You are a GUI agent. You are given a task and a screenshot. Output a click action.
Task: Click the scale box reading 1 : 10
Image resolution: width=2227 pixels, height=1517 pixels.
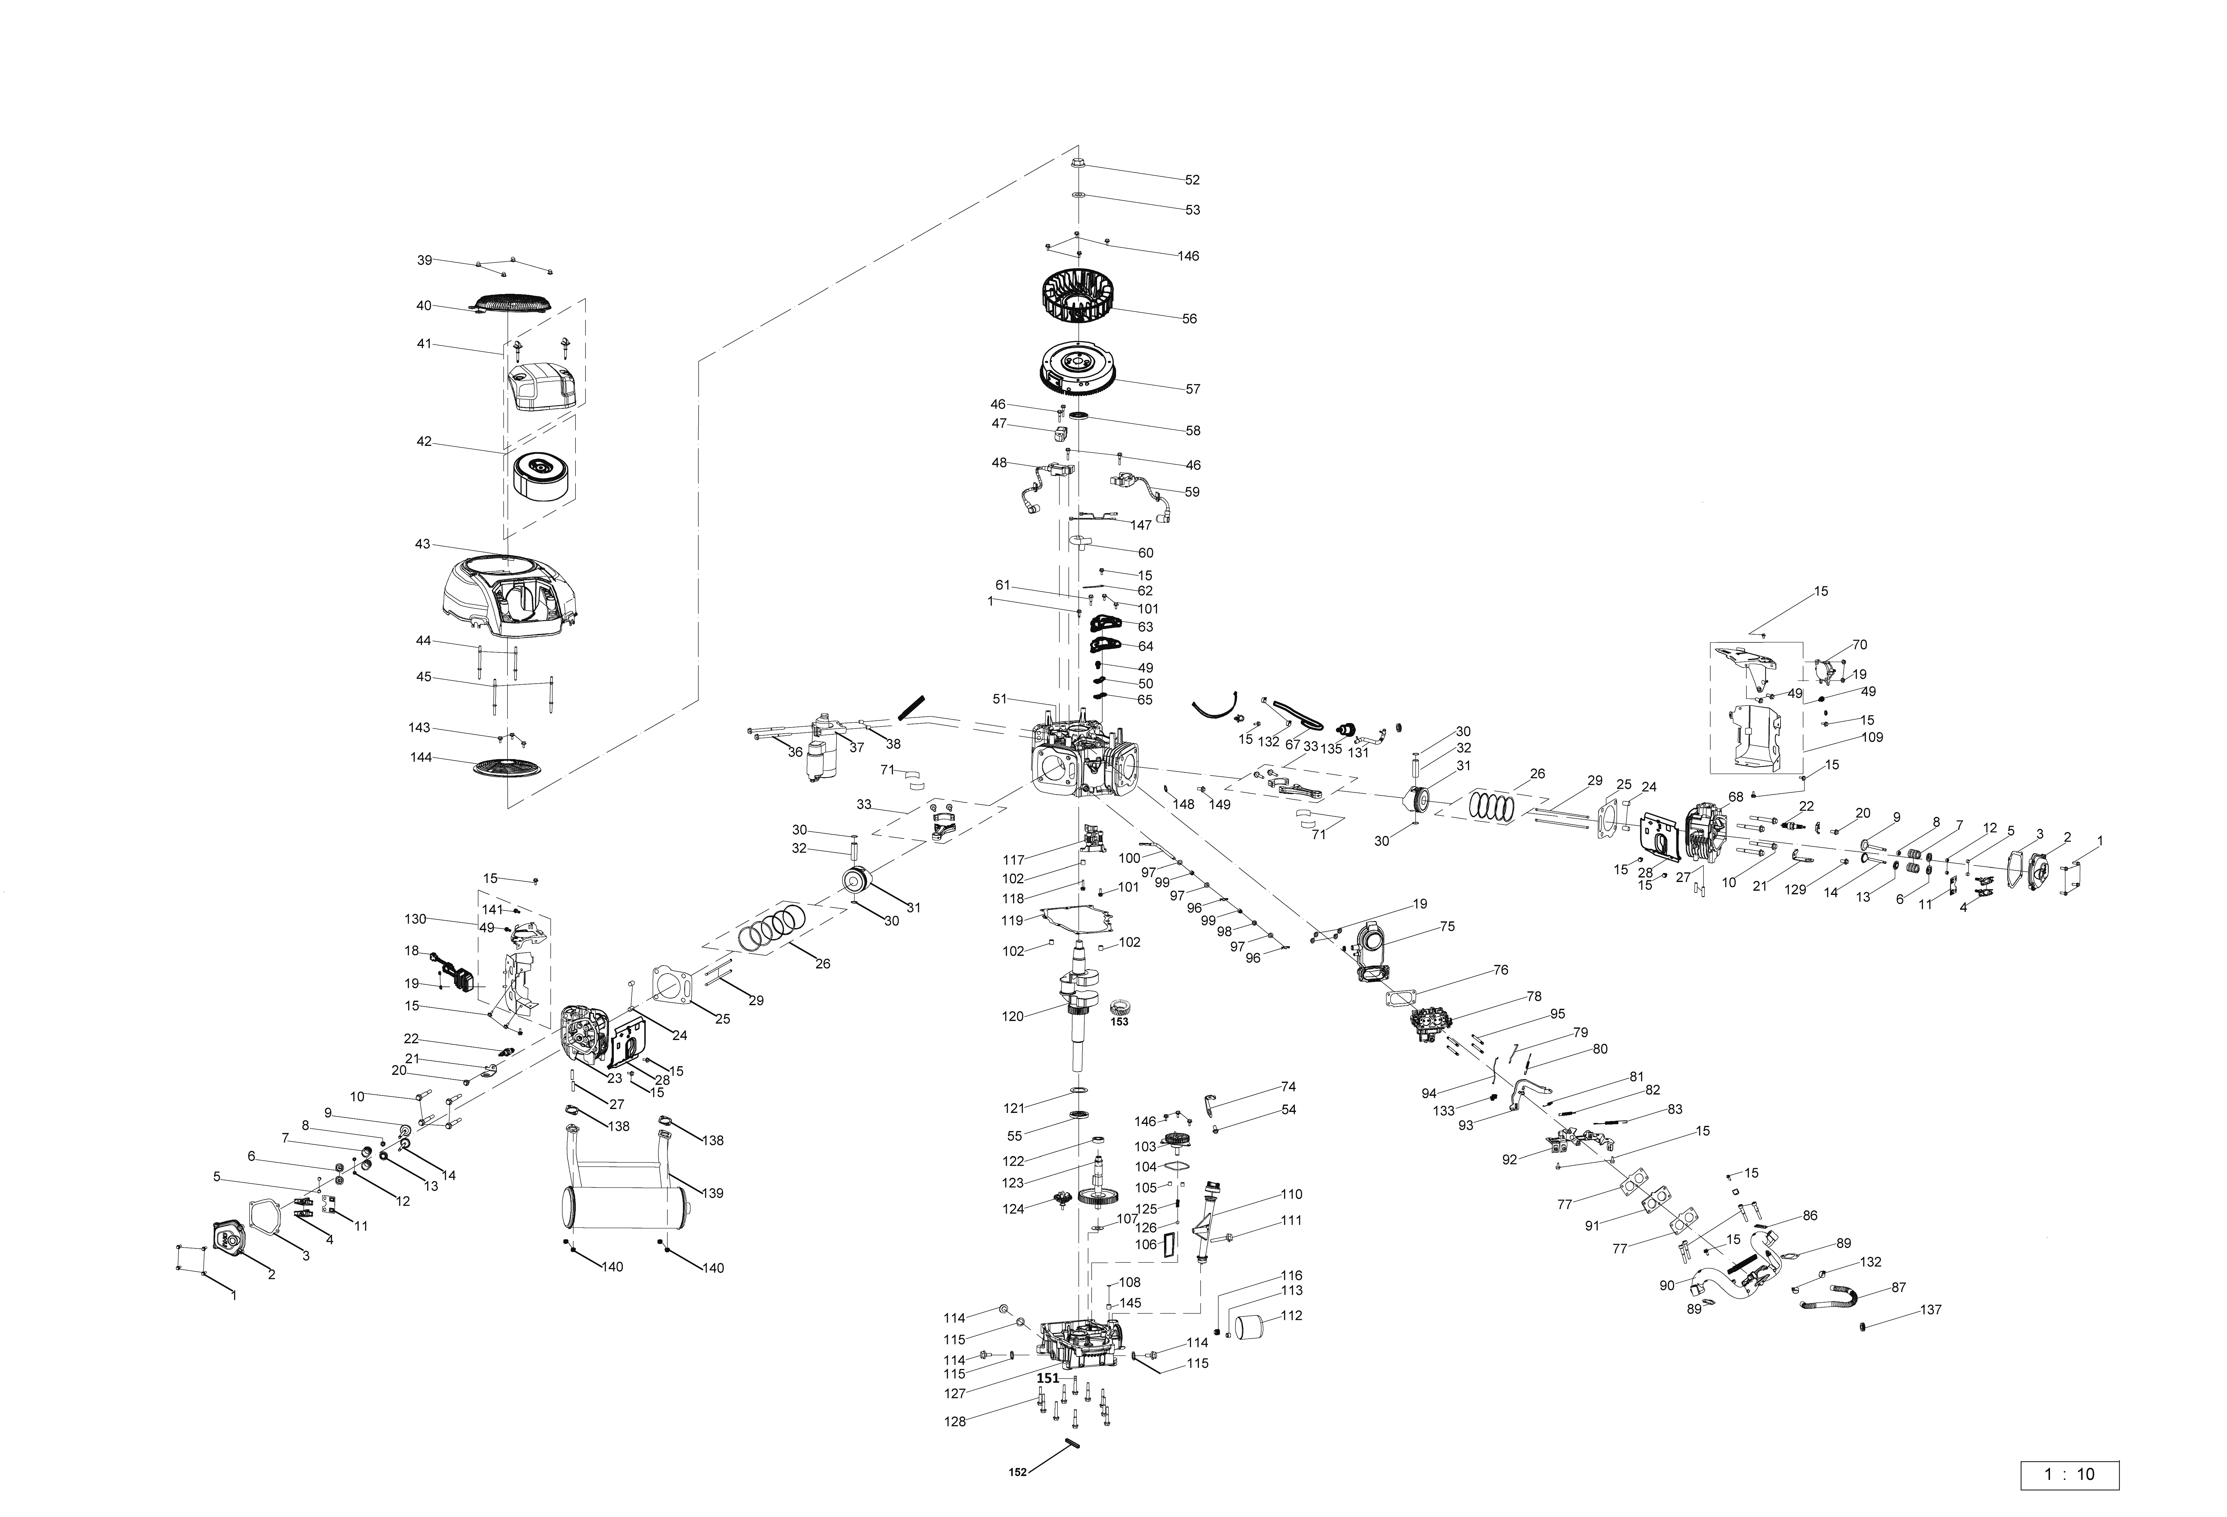click(2069, 1474)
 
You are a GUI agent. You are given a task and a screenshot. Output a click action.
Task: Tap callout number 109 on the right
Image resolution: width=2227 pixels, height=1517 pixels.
click(1871, 738)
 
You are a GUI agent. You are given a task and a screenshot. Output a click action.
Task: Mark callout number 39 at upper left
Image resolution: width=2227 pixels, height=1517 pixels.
click(425, 261)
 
